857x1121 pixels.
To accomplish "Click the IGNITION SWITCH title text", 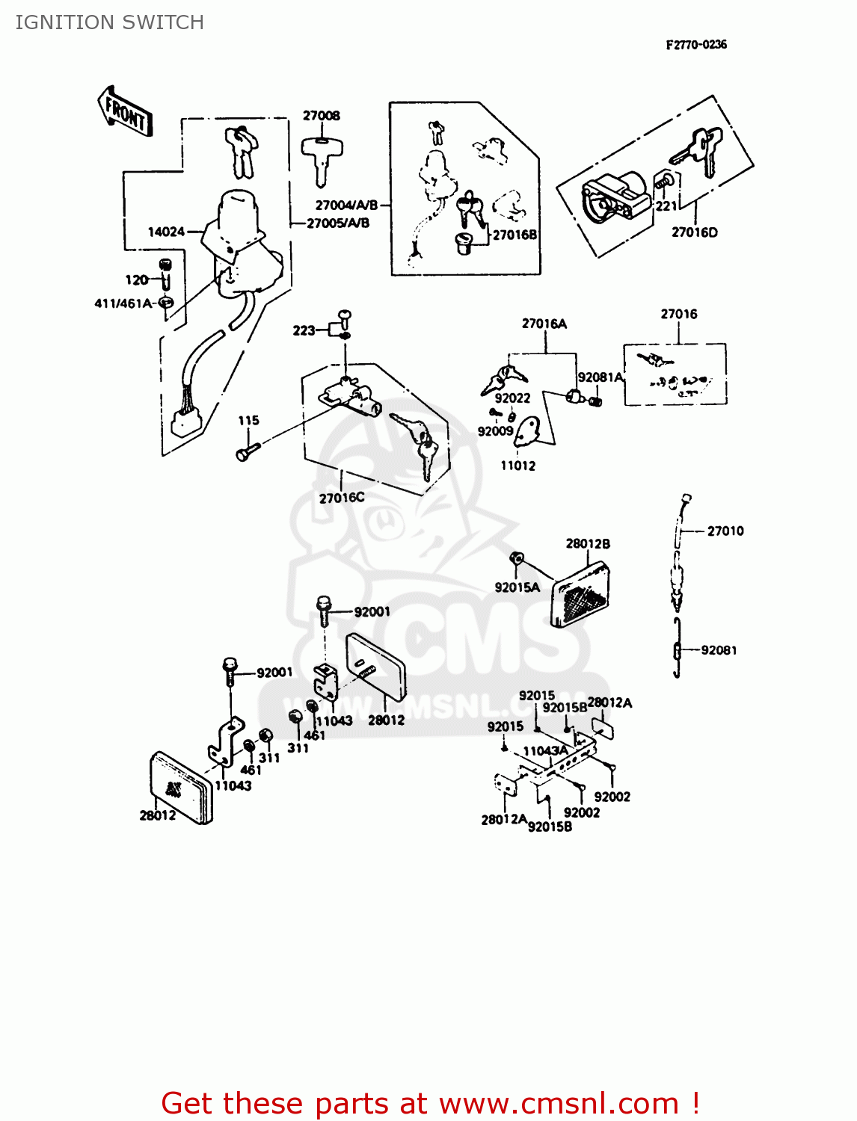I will pyautogui.click(x=109, y=22).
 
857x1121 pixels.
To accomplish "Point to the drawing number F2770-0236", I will pyautogui.click(x=696, y=45).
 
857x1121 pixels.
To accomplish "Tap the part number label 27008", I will pyautogui.click(x=322, y=116).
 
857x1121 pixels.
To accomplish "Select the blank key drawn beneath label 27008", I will pyautogui.click(x=321, y=158).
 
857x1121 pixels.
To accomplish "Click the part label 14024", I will pyautogui.click(x=166, y=232).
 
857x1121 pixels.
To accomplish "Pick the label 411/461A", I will pyautogui.click(x=123, y=303).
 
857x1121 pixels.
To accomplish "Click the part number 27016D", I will pyautogui.click(x=695, y=232).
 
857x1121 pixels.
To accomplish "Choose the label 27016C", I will pyautogui.click(x=342, y=498).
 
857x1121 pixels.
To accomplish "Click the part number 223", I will pyautogui.click(x=304, y=330).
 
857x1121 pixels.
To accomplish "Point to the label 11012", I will pyautogui.click(x=518, y=466).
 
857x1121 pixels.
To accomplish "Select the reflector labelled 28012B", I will pyautogui.click(x=582, y=595).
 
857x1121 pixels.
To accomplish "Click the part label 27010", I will pyautogui.click(x=725, y=531).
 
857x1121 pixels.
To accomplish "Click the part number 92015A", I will pyautogui.click(x=517, y=587).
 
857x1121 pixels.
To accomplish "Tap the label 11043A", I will pyautogui.click(x=545, y=751).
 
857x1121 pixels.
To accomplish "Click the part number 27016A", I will pyautogui.click(x=544, y=324).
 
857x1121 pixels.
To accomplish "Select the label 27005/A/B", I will pyautogui.click(x=338, y=223).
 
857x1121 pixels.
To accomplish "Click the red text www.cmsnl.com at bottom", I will pyautogui.click(x=559, y=1104).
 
